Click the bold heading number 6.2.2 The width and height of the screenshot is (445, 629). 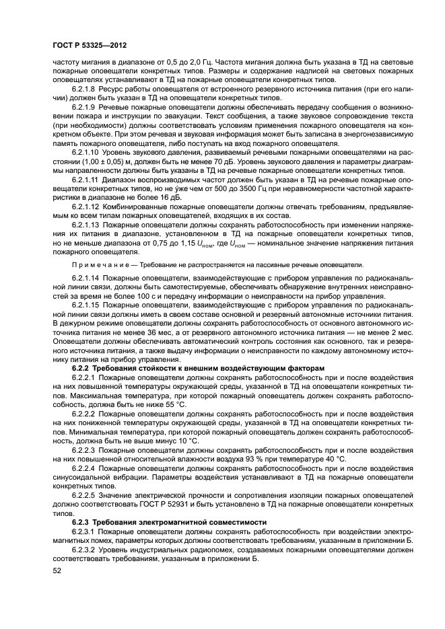(x=81, y=370)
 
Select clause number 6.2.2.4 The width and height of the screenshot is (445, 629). (x=84, y=467)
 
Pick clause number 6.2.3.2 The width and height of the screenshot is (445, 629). (x=84, y=550)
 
